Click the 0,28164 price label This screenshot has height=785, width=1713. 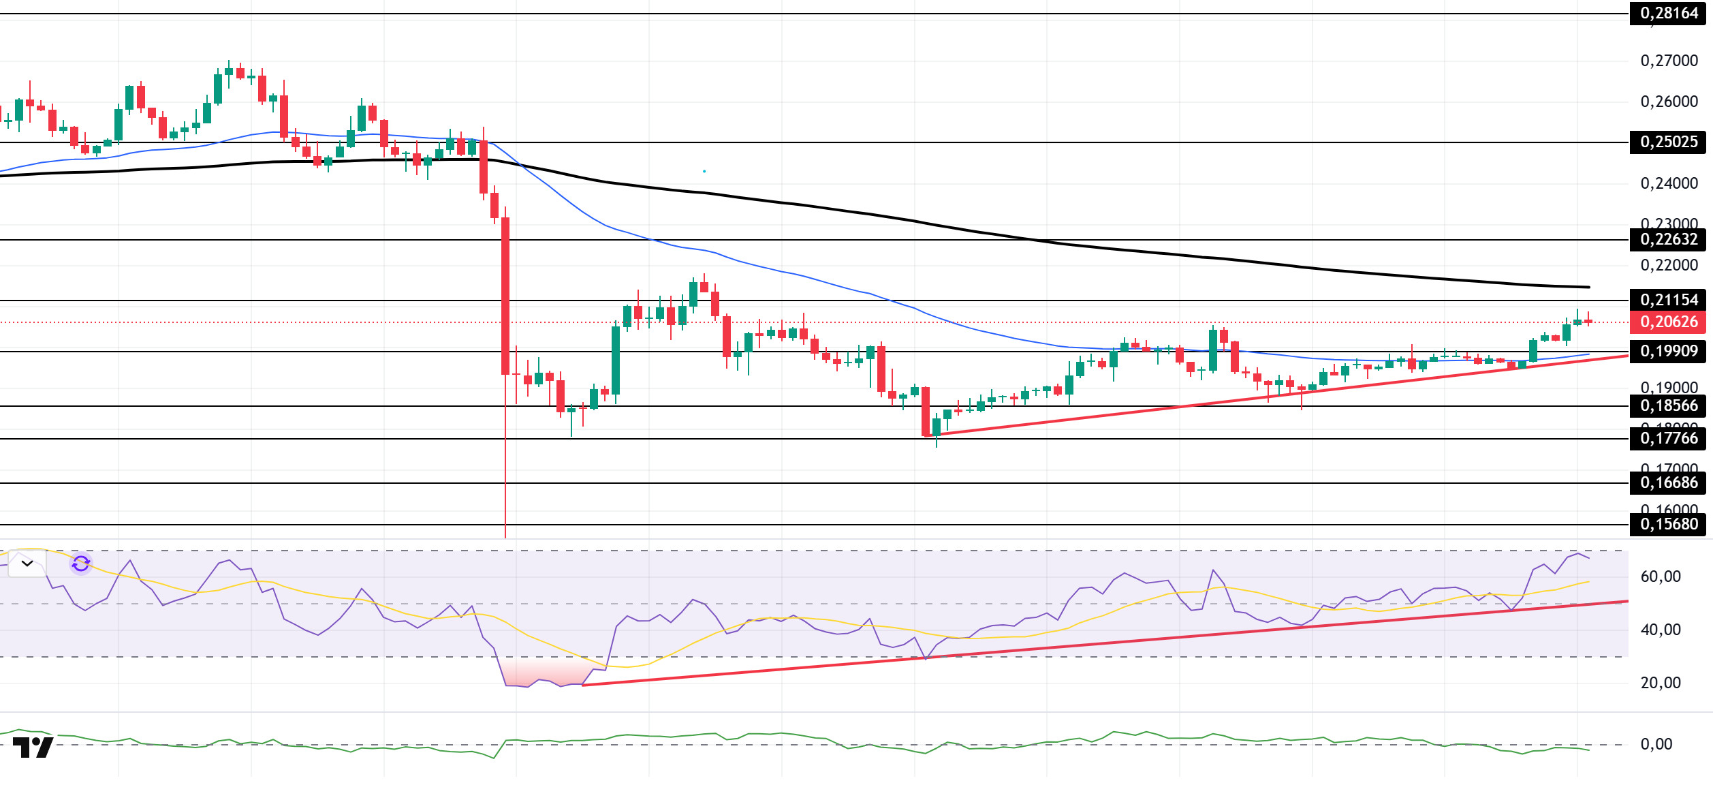[x=1668, y=13]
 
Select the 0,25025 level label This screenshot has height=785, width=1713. [x=1668, y=142]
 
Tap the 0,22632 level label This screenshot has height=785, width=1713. [x=1668, y=239]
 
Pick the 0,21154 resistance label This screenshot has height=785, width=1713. [x=1668, y=300]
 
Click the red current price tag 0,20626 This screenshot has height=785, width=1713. [x=1668, y=322]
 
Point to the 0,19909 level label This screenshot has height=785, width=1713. [x=1668, y=351]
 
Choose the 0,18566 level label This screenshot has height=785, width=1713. [x=1668, y=405]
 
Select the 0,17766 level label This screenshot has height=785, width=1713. [x=1668, y=438]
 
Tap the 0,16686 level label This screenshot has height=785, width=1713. [x=1668, y=482]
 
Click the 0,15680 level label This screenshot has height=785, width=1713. [x=1668, y=524]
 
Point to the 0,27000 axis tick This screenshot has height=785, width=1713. [x=1668, y=61]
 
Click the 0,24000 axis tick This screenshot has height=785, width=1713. [x=1668, y=183]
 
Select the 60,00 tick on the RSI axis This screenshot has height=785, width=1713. [x=1660, y=576]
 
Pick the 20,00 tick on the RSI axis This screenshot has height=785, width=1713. [x=1660, y=683]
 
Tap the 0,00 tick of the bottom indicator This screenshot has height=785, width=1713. [x=1656, y=744]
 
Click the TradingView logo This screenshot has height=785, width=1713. [x=33, y=747]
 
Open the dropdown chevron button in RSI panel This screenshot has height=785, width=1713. [x=27, y=564]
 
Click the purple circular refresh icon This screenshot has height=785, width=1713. [x=81, y=564]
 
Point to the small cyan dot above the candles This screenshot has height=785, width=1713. [x=704, y=171]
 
